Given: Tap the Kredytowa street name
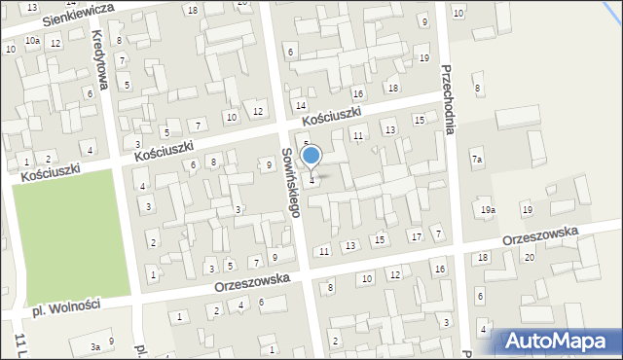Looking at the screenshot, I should click(100, 59).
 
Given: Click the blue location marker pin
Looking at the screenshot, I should click(311, 157).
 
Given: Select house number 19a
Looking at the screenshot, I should click(488, 209).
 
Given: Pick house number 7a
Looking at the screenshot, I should click(477, 159).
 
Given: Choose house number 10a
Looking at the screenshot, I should click(33, 41).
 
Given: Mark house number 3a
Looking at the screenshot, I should click(94, 346).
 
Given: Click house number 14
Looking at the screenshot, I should click(301, 105).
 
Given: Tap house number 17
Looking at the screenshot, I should click(416, 236).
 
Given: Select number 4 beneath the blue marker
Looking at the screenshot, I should click(311, 180).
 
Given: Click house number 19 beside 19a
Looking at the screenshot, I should click(527, 210).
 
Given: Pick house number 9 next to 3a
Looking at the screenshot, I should click(111, 341).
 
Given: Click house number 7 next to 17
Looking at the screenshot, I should click(438, 233).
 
